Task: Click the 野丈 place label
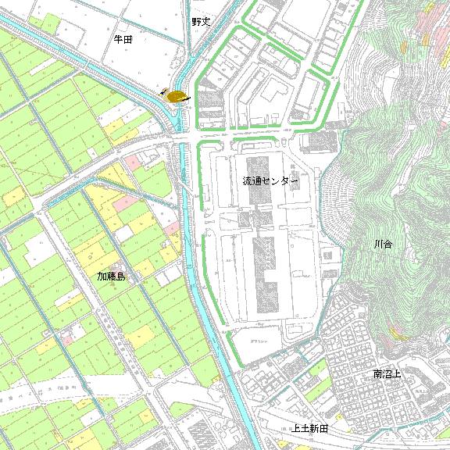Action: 202,22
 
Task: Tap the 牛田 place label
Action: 123,38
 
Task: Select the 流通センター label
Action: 270,181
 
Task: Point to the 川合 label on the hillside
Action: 384,245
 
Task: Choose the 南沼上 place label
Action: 387,374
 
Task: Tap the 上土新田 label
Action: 309,429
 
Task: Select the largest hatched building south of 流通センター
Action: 265,273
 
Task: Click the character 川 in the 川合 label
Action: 379,245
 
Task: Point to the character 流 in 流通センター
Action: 248,181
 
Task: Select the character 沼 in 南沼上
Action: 387,374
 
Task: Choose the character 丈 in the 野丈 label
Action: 206,22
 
